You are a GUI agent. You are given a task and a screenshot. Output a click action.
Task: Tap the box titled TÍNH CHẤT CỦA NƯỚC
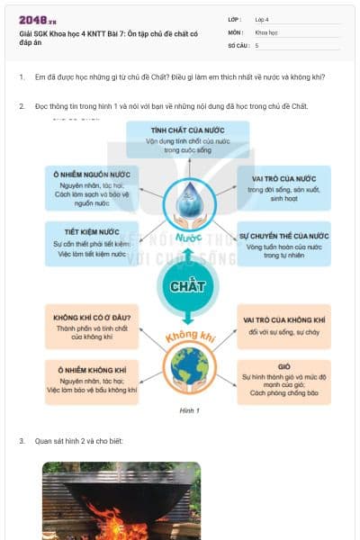pyautogui.click(x=187, y=139)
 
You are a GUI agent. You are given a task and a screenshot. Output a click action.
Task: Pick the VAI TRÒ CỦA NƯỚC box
pyautogui.click(x=283, y=184)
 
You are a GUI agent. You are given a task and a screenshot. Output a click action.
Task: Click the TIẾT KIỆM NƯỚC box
pyautogui.click(x=91, y=241)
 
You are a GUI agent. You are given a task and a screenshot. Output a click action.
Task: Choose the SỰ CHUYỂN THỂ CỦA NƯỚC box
pyautogui.click(x=283, y=244)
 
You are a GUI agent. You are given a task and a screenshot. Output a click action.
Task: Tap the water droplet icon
pyautogui.click(x=188, y=202)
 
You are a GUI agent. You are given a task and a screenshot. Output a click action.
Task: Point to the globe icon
pyautogui.click(x=188, y=366)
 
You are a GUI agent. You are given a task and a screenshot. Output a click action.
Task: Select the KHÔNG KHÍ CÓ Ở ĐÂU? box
pyautogui.click(x=93, y=325)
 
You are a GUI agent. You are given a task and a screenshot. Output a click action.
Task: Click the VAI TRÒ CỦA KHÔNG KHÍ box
pyautogui.click(x=283, y=325)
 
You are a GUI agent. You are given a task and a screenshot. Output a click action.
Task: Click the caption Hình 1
pyautogui.click(x=188, y=410)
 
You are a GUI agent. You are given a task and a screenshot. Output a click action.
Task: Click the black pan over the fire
pyautogui.click(x=121, y=491)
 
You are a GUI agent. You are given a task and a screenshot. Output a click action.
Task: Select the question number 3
pyautogui.click(x=22, y=441)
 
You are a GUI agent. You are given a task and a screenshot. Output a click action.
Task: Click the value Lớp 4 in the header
pyautogui.click(x=262, y=19)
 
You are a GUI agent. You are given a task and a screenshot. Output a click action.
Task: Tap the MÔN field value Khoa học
pyautogui.click(x=266, y=31)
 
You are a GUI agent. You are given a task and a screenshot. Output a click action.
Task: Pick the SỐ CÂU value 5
pyautogui.click(x=257, y=45)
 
